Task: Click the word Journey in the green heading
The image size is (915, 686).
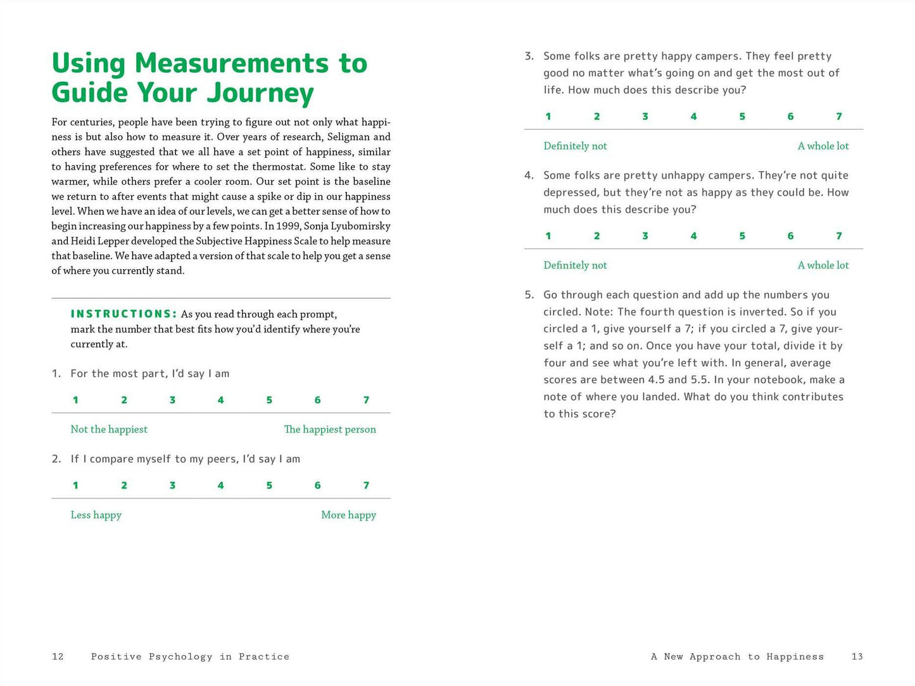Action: click(x=260, y=93)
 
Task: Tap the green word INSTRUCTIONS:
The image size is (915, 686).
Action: click(x=124, y=314)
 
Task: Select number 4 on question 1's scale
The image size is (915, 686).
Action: click(x=220, y=400)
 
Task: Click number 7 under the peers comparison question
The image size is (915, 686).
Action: click(x=366, y=485)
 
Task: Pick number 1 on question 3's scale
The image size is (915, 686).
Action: click(x=548, y=117)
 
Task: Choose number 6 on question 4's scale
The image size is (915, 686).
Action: click(x=790, y=236)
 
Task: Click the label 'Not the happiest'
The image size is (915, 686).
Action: click(x=109, y=429)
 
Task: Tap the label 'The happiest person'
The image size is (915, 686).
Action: click(x=330, y=429)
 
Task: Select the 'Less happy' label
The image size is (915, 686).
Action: click(x=96, y=515)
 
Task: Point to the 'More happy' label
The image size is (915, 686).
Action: click(x=348, y=515)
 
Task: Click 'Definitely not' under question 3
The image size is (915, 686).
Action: click(x=575, y=146)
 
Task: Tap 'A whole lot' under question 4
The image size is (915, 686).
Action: click(x=823, y=265)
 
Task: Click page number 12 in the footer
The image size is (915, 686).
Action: click(x=58, y=657)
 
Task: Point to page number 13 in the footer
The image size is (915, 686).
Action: click(x=857, y=657)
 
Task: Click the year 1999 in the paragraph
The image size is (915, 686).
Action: click(x=289, y=226)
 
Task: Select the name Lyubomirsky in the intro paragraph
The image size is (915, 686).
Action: click(x=362, y=226)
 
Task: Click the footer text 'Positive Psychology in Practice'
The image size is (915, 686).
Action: click(x=190, y=657)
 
